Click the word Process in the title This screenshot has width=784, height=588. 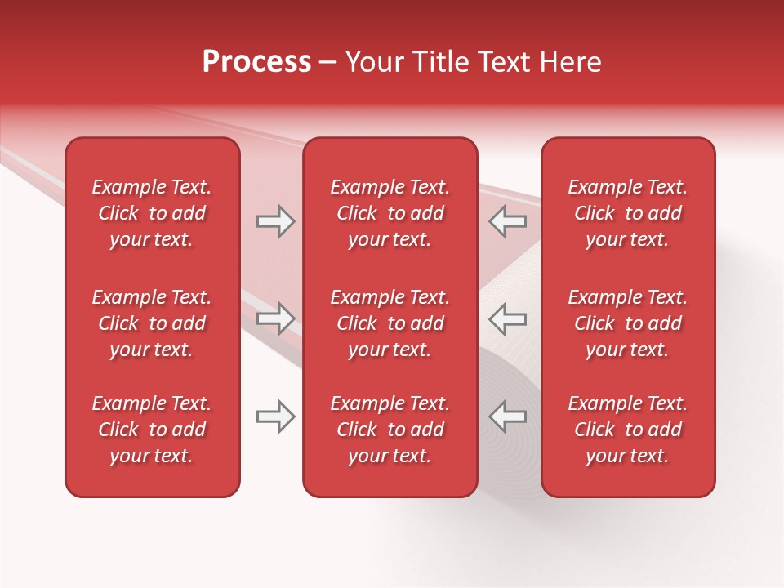coord(256,62)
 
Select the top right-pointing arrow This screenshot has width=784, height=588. coord(276,221)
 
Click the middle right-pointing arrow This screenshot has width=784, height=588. coord(276,318)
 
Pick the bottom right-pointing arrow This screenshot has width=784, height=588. coord(276,416)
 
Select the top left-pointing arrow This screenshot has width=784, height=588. coord(507,221)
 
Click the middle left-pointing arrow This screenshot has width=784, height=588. coord(507,318)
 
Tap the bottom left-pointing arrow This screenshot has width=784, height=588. coord(507,416)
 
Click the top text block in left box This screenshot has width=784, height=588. coord(152,213)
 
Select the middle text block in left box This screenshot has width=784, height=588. coord(152,323)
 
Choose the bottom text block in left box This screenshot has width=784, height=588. coord(152,430)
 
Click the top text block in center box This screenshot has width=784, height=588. coord(390,213)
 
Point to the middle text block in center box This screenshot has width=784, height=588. coord(390,323)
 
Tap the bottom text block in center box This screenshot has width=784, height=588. coord(390,430)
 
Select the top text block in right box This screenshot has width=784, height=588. coord(627,213)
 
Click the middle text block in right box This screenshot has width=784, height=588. coord(627,323)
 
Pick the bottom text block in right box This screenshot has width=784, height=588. coord(627,430)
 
